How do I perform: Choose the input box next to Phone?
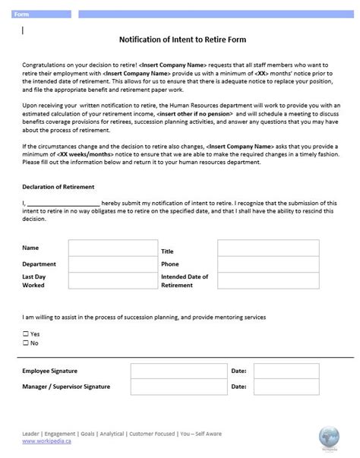[x=252, y=265]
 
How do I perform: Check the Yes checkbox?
[x=26, y=333]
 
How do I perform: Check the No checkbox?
[x=26, y=343]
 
